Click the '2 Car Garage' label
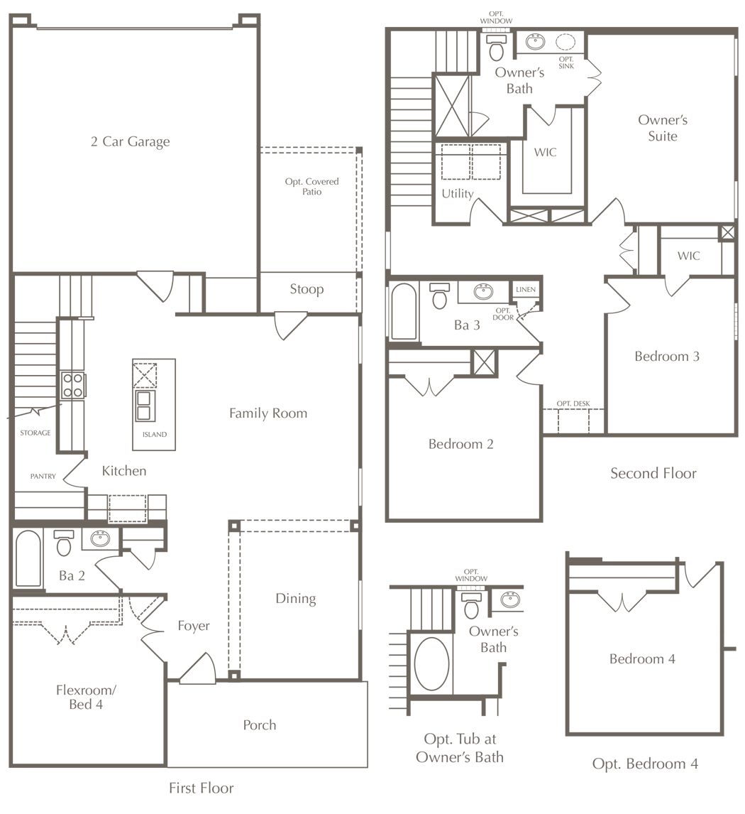130,142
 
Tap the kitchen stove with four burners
73,385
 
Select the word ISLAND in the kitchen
155,435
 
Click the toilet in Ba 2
64,543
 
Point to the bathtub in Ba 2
28,558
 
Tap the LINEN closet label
526,290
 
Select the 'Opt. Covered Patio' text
311,186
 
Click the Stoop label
307,289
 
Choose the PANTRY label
43,476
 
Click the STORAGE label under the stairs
35,433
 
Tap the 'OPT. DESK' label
573,403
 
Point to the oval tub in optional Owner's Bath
431,663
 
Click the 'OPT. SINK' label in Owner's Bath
566,63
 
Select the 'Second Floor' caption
653,474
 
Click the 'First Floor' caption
202,788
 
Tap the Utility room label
457,194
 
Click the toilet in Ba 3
440,296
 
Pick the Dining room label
295,599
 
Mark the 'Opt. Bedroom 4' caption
645,764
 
